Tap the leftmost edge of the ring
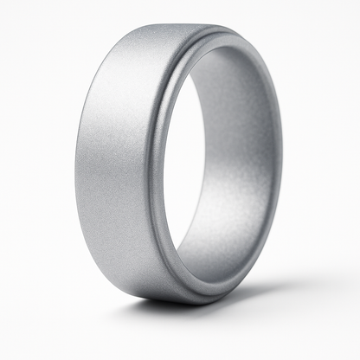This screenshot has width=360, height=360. coord(75,164)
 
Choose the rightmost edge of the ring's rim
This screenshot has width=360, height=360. coord(282,156)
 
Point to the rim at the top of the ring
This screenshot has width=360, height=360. coord(216,36)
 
